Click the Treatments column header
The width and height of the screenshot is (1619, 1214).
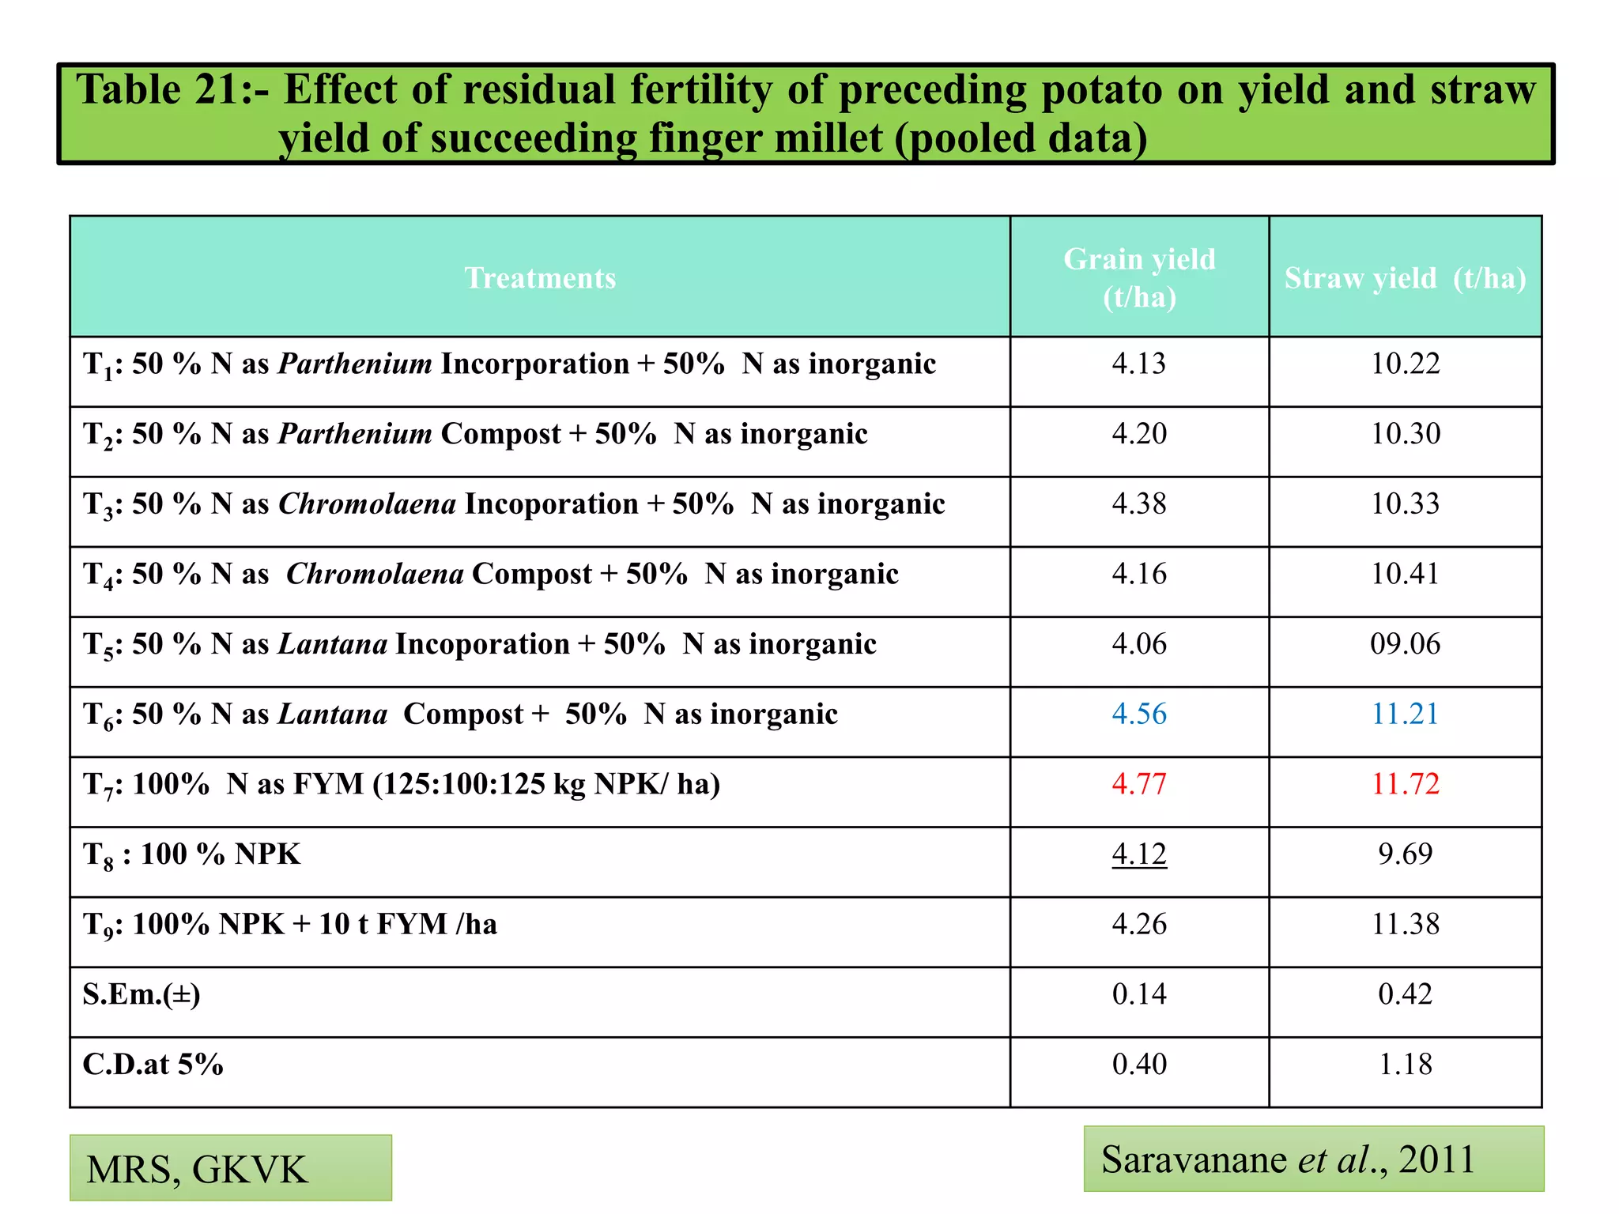[540, 278]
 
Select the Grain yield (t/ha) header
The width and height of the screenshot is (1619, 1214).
[1139, 277]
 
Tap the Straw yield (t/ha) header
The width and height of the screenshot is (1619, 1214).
[1405, 278]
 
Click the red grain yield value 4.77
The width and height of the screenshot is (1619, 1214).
[1139, 784]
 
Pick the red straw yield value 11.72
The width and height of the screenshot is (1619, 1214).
[1405, 784]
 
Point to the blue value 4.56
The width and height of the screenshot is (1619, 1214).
[1139, 714]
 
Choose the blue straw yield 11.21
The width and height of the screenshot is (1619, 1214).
[1405, 714]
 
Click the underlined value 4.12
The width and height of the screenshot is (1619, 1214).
[1139, 854]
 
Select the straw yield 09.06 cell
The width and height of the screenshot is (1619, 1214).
[1405, 644]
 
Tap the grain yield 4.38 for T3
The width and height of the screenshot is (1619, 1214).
[1139, 503]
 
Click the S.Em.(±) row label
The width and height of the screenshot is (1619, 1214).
[142, 994]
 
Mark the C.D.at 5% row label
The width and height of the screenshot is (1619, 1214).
[153, 1065]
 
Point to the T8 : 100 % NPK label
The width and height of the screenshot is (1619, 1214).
[192, 854]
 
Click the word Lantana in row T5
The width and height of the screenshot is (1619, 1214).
[333, 644]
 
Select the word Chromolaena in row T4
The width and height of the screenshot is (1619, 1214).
[374, 574]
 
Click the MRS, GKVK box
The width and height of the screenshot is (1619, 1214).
[230, 1168]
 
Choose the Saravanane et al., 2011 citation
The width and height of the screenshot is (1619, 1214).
[1313, 1159]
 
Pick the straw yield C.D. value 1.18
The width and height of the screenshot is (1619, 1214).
[1405, 1065]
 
